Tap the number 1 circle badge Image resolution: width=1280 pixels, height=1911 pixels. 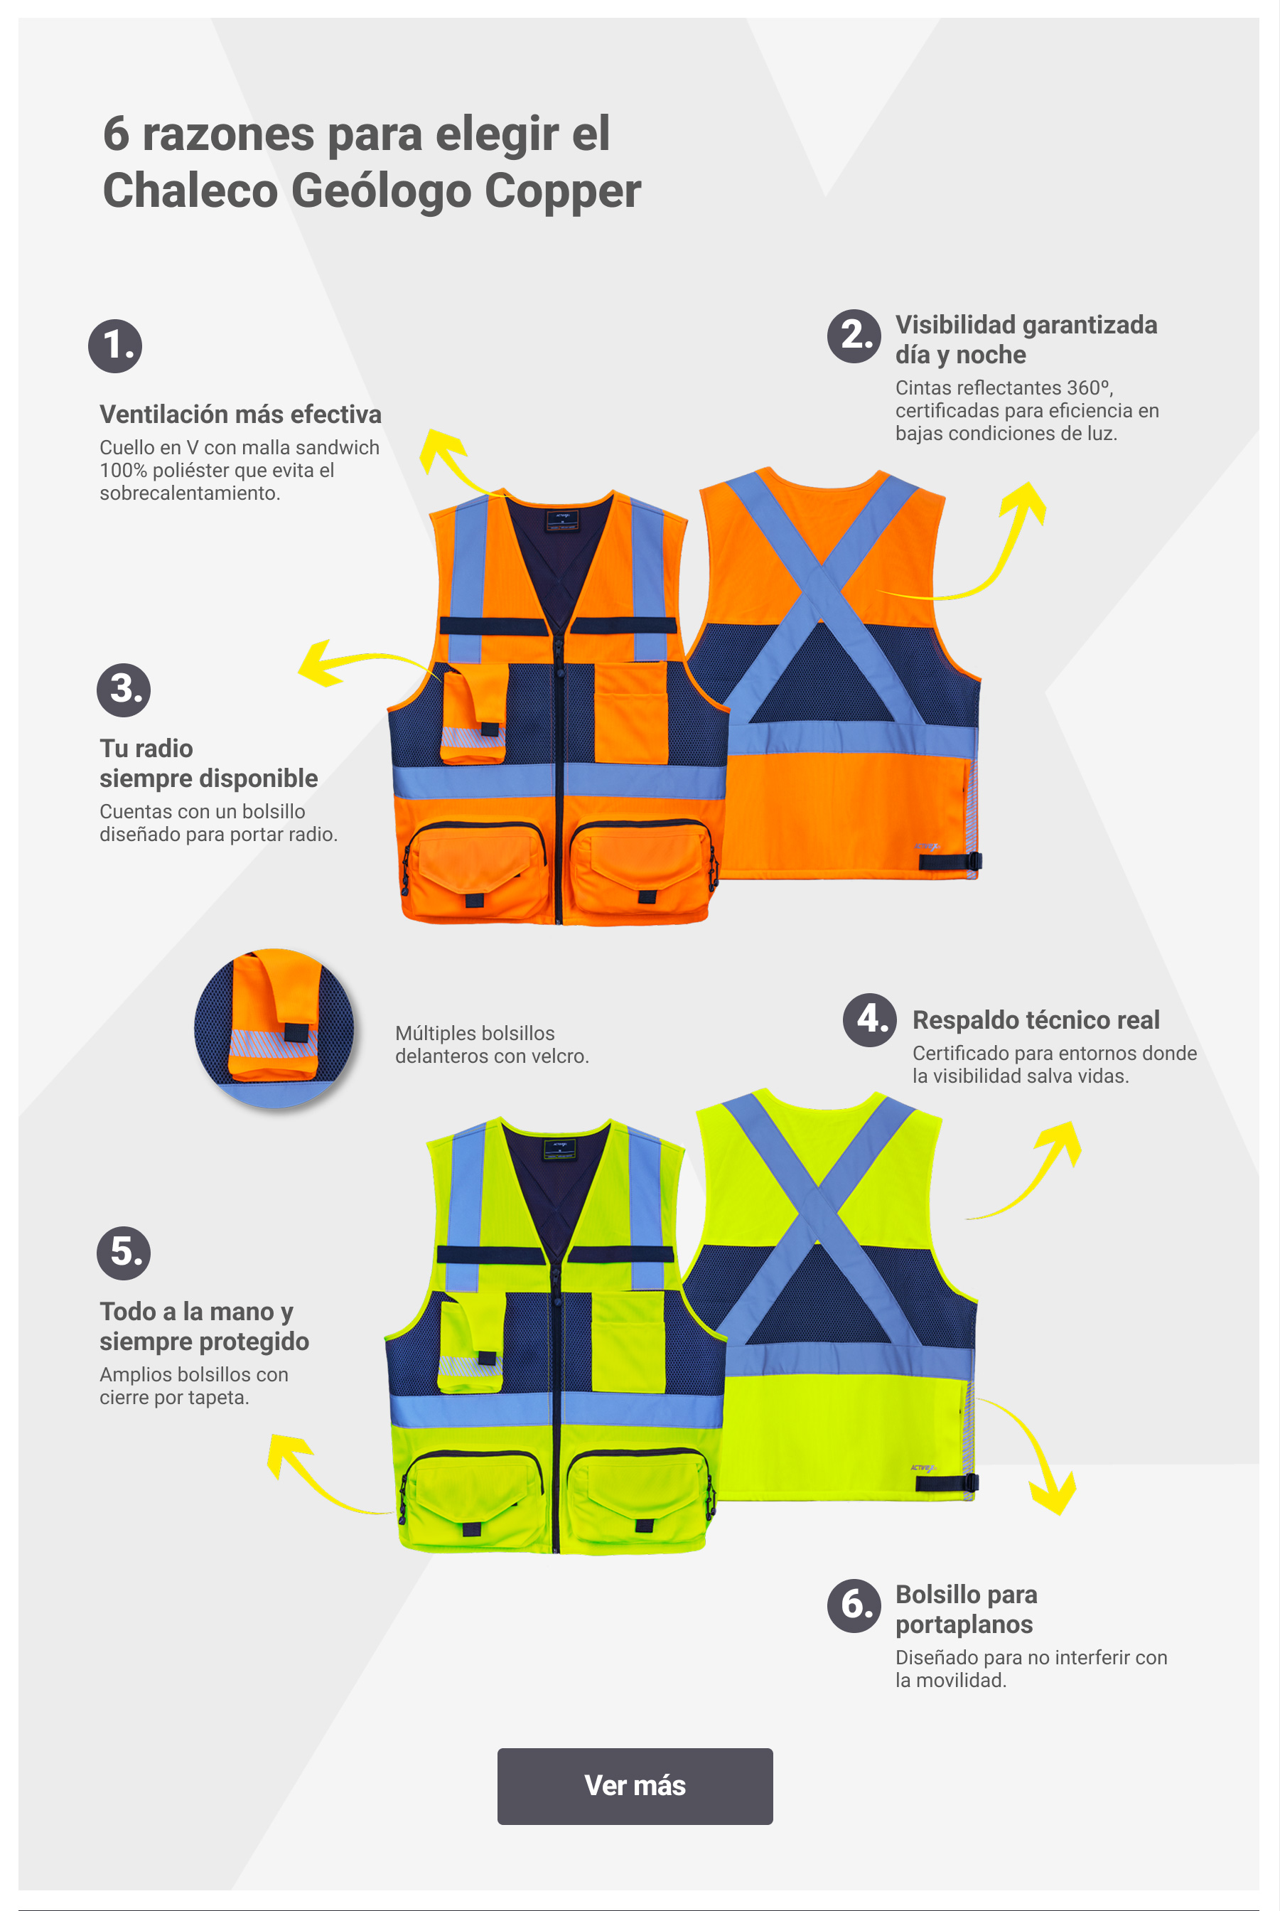point(115,346)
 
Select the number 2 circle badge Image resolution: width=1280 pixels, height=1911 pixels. point(854,336)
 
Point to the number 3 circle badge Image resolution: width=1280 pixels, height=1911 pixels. point(123,690)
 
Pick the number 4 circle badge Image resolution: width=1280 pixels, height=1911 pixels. point(869,1020)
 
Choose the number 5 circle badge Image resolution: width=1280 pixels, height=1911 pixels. point(123,1253)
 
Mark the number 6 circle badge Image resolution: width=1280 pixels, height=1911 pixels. point(854,1605)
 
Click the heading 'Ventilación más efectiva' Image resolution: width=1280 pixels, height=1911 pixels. point(240,414)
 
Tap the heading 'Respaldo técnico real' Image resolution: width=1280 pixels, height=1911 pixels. point(1036,1020)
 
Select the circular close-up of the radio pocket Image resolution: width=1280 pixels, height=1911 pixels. point(274,1027)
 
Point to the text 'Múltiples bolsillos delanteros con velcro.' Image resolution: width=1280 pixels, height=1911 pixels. point(491,1044)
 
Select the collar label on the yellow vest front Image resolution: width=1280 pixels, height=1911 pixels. point(560,1149)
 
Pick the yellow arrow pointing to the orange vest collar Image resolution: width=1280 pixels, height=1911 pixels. point(457,461)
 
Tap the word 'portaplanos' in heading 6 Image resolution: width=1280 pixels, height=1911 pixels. point(964,1624)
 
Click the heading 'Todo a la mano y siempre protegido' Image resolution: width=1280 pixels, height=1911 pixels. point(204,1327)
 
